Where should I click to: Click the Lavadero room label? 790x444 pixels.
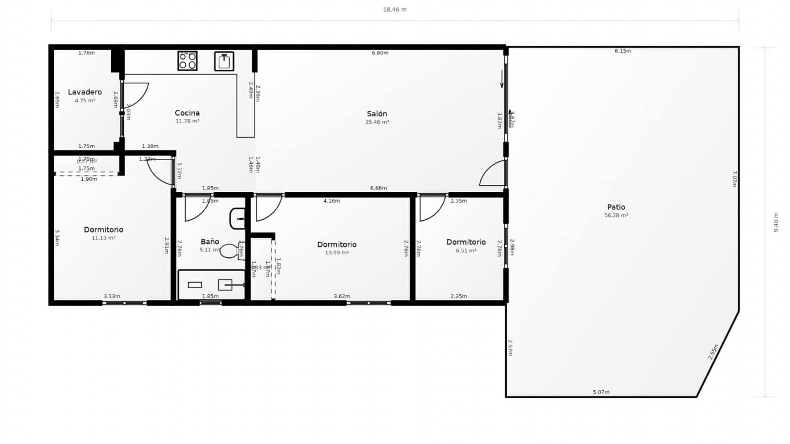84,92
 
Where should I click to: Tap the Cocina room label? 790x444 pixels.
187,113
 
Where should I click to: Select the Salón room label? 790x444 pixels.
377,114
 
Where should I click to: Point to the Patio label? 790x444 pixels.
616,207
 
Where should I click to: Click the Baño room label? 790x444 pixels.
210,242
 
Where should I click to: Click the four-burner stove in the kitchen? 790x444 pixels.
187,61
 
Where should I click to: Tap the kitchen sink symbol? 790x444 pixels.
224,61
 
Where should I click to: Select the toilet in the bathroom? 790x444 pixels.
230,251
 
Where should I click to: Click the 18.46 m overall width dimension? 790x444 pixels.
395,9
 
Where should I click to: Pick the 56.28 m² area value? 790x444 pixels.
616,215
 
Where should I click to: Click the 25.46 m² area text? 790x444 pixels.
377,122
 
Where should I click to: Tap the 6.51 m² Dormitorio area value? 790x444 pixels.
466,251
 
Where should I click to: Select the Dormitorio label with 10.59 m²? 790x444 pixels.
337,245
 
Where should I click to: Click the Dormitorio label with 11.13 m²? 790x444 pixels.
103,230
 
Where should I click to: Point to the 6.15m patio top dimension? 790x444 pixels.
623,51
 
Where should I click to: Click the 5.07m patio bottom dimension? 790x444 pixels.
601,392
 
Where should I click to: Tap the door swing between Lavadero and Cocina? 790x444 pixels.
136,94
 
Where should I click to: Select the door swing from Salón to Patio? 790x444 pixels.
492,173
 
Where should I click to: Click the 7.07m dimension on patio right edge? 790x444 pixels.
734,179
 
